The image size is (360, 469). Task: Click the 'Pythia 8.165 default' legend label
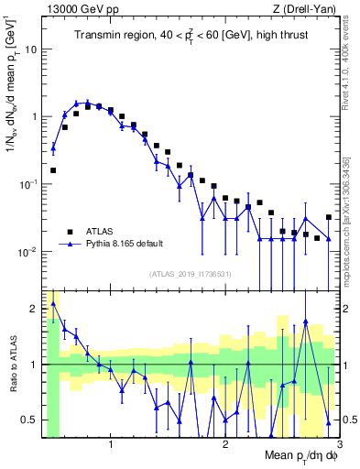click(x=127, y=244)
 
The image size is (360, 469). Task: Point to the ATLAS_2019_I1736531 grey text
click(x=191, y=274)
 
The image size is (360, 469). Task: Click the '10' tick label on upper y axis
click(x=33, y=49)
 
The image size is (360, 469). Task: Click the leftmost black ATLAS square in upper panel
click(x=53, y=169)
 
